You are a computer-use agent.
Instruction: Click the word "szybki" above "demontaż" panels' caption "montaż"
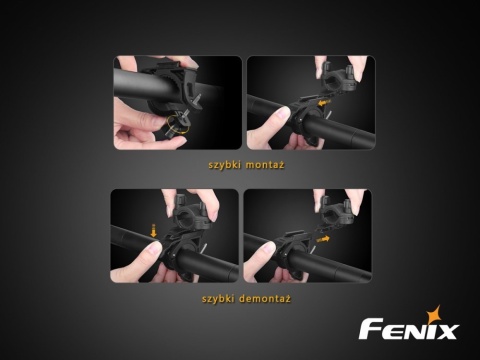(x=224, y=165)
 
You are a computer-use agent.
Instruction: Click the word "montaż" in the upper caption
(x=265, y=165)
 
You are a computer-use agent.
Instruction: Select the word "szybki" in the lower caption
(x=217, y=299)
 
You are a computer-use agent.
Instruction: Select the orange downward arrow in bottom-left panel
(x=153, y=231)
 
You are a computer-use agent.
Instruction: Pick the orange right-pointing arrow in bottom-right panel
(x=323, y=239)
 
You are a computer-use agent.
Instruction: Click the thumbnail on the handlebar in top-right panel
(x=284, y=114)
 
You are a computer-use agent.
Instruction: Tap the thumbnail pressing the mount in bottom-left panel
(x=154, y=248)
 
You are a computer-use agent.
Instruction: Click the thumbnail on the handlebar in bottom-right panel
(x=270, y=247)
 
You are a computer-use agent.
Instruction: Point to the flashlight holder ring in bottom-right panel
(x=336, y=212)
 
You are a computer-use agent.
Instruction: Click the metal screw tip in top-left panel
(x=198, y=98)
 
